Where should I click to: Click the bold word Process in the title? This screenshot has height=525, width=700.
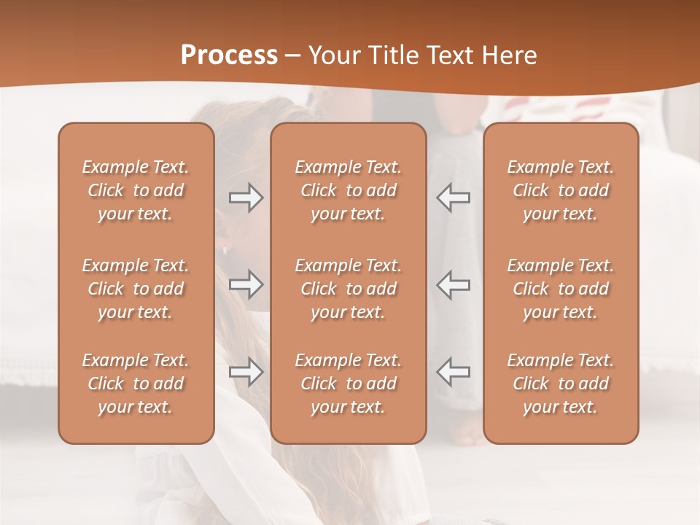(x=229, y=55)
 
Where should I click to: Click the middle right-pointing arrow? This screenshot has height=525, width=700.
(x=246, y=284)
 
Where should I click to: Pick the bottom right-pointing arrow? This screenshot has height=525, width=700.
(x=246, y=373)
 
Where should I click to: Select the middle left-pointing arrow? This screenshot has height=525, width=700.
(x=453, y=284)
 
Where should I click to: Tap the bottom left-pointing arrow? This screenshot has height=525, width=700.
(x=453, y=373)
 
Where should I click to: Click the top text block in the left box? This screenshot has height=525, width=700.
(x=136, y=190)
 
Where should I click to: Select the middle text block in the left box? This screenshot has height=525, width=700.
(x=136, y=289)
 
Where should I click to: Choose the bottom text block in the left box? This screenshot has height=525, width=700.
(x=136, y=384)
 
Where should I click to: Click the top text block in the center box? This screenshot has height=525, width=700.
(x=348, y=190)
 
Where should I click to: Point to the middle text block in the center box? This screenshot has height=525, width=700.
(x=348, y=289)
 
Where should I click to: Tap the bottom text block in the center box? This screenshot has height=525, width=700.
(x=348, y=384)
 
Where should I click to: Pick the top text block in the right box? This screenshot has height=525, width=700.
(x=560, y=190)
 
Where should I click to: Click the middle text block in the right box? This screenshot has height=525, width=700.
(x=560, y=289)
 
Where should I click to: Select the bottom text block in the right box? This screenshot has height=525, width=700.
(x=560, y=384)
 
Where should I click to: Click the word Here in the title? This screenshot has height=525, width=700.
(x=510, y=55)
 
